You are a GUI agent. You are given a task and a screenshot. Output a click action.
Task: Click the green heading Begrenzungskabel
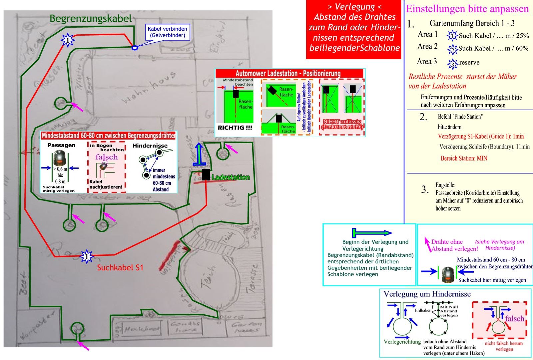[91, 19]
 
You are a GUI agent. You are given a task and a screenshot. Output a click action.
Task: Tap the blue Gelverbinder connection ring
[135, 48]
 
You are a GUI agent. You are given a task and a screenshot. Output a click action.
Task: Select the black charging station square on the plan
[206, 175]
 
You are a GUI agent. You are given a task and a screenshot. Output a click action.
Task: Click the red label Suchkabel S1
[120, 267]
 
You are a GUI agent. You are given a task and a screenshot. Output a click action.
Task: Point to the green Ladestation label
[231, 178]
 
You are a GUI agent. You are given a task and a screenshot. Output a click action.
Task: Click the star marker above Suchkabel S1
[87, 256]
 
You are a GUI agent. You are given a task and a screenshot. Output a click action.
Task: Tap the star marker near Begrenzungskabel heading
[68, 40]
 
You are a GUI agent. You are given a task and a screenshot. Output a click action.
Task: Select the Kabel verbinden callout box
[168, 32]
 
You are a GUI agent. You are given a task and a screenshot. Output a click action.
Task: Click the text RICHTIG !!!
[235, 128]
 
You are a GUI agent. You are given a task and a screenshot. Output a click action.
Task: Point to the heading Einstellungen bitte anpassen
[467, 9]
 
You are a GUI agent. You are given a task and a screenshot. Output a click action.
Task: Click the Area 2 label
[427, 46]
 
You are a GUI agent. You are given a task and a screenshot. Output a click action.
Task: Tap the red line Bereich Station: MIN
[464, 158]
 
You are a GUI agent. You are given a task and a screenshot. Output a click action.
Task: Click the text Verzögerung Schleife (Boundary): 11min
[484, 147]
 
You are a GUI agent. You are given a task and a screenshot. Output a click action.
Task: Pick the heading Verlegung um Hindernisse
[427, 294]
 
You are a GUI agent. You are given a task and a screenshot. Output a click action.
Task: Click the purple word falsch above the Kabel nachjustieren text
[107, 157]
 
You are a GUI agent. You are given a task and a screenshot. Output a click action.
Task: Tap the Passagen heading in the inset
[61, 146]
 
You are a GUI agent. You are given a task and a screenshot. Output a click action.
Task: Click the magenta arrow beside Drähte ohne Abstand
[427, 241]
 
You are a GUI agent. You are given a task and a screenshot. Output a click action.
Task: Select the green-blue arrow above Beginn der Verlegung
[372, 233]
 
